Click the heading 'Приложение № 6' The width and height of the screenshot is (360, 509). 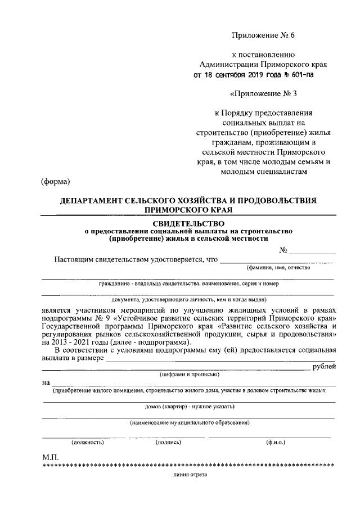click(263, 35)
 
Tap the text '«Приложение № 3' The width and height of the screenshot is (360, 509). click(264, 93)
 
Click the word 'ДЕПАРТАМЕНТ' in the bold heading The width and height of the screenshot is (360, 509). click(94, 201)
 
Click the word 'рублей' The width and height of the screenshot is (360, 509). click(325, 367)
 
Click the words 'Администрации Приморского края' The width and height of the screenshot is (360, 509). click(264, 65)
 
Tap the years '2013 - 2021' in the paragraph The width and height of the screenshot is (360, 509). click(64, 343)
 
